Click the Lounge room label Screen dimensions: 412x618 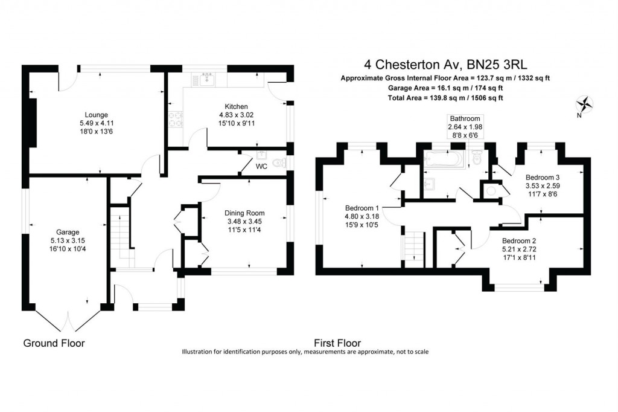coord(97,115)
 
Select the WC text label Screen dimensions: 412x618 coord(261,166)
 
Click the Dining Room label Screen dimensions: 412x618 coord(244,213)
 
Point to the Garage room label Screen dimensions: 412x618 coord(68,231)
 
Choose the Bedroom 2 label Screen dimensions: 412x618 coord(520,240)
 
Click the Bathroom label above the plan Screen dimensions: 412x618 coord(464,118)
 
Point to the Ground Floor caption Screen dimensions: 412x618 coord(54,343)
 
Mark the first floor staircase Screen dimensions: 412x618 coord(413,248)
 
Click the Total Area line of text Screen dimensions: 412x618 coord(446,97)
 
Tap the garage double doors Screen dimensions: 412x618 coord(68,320)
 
